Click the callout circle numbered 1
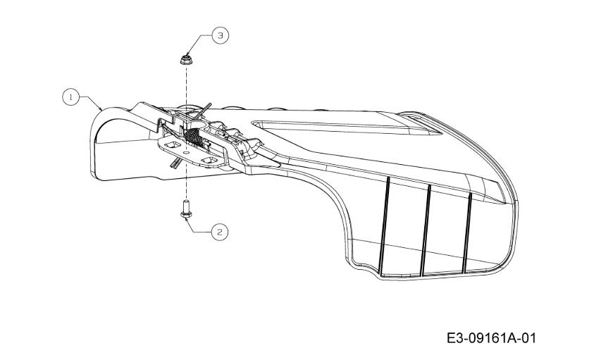[71, 97]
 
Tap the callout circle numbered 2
[220, 232]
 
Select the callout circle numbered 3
[220, 36]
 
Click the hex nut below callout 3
[186, 60]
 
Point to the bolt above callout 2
[186, 209]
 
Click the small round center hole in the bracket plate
[186, 152]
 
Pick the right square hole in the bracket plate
[209, 161]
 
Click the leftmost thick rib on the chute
[385, 225]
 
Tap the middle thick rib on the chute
[426, 230]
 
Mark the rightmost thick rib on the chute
[467, 233]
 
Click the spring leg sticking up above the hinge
[202, 111]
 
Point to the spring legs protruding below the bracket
[175, 163]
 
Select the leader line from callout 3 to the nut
[199, 43]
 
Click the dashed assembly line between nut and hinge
[187, 89]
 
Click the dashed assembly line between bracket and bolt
[186, 180]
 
